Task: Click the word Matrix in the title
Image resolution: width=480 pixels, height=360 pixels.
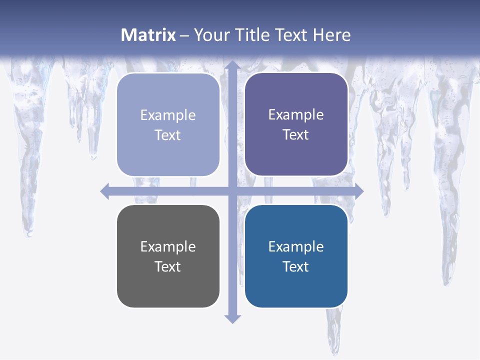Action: point(148,35)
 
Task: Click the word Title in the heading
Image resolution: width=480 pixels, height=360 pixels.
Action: point(252,35)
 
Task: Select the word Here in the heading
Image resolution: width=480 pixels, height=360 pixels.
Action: point(331,35)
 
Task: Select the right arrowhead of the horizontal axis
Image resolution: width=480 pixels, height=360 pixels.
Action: point(358,191)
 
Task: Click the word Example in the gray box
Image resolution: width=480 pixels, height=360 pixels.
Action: point(168,246)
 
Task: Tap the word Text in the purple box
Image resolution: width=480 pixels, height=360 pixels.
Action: point(296,135)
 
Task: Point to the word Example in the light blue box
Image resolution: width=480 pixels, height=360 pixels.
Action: point(168,115)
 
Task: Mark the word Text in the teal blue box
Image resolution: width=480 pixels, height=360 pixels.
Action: point(296,266)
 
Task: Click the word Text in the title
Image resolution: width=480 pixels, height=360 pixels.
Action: point(291,35)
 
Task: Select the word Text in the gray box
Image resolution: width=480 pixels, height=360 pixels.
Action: point(168,266)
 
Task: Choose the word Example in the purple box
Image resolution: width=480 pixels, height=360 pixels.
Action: point(296,114)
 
